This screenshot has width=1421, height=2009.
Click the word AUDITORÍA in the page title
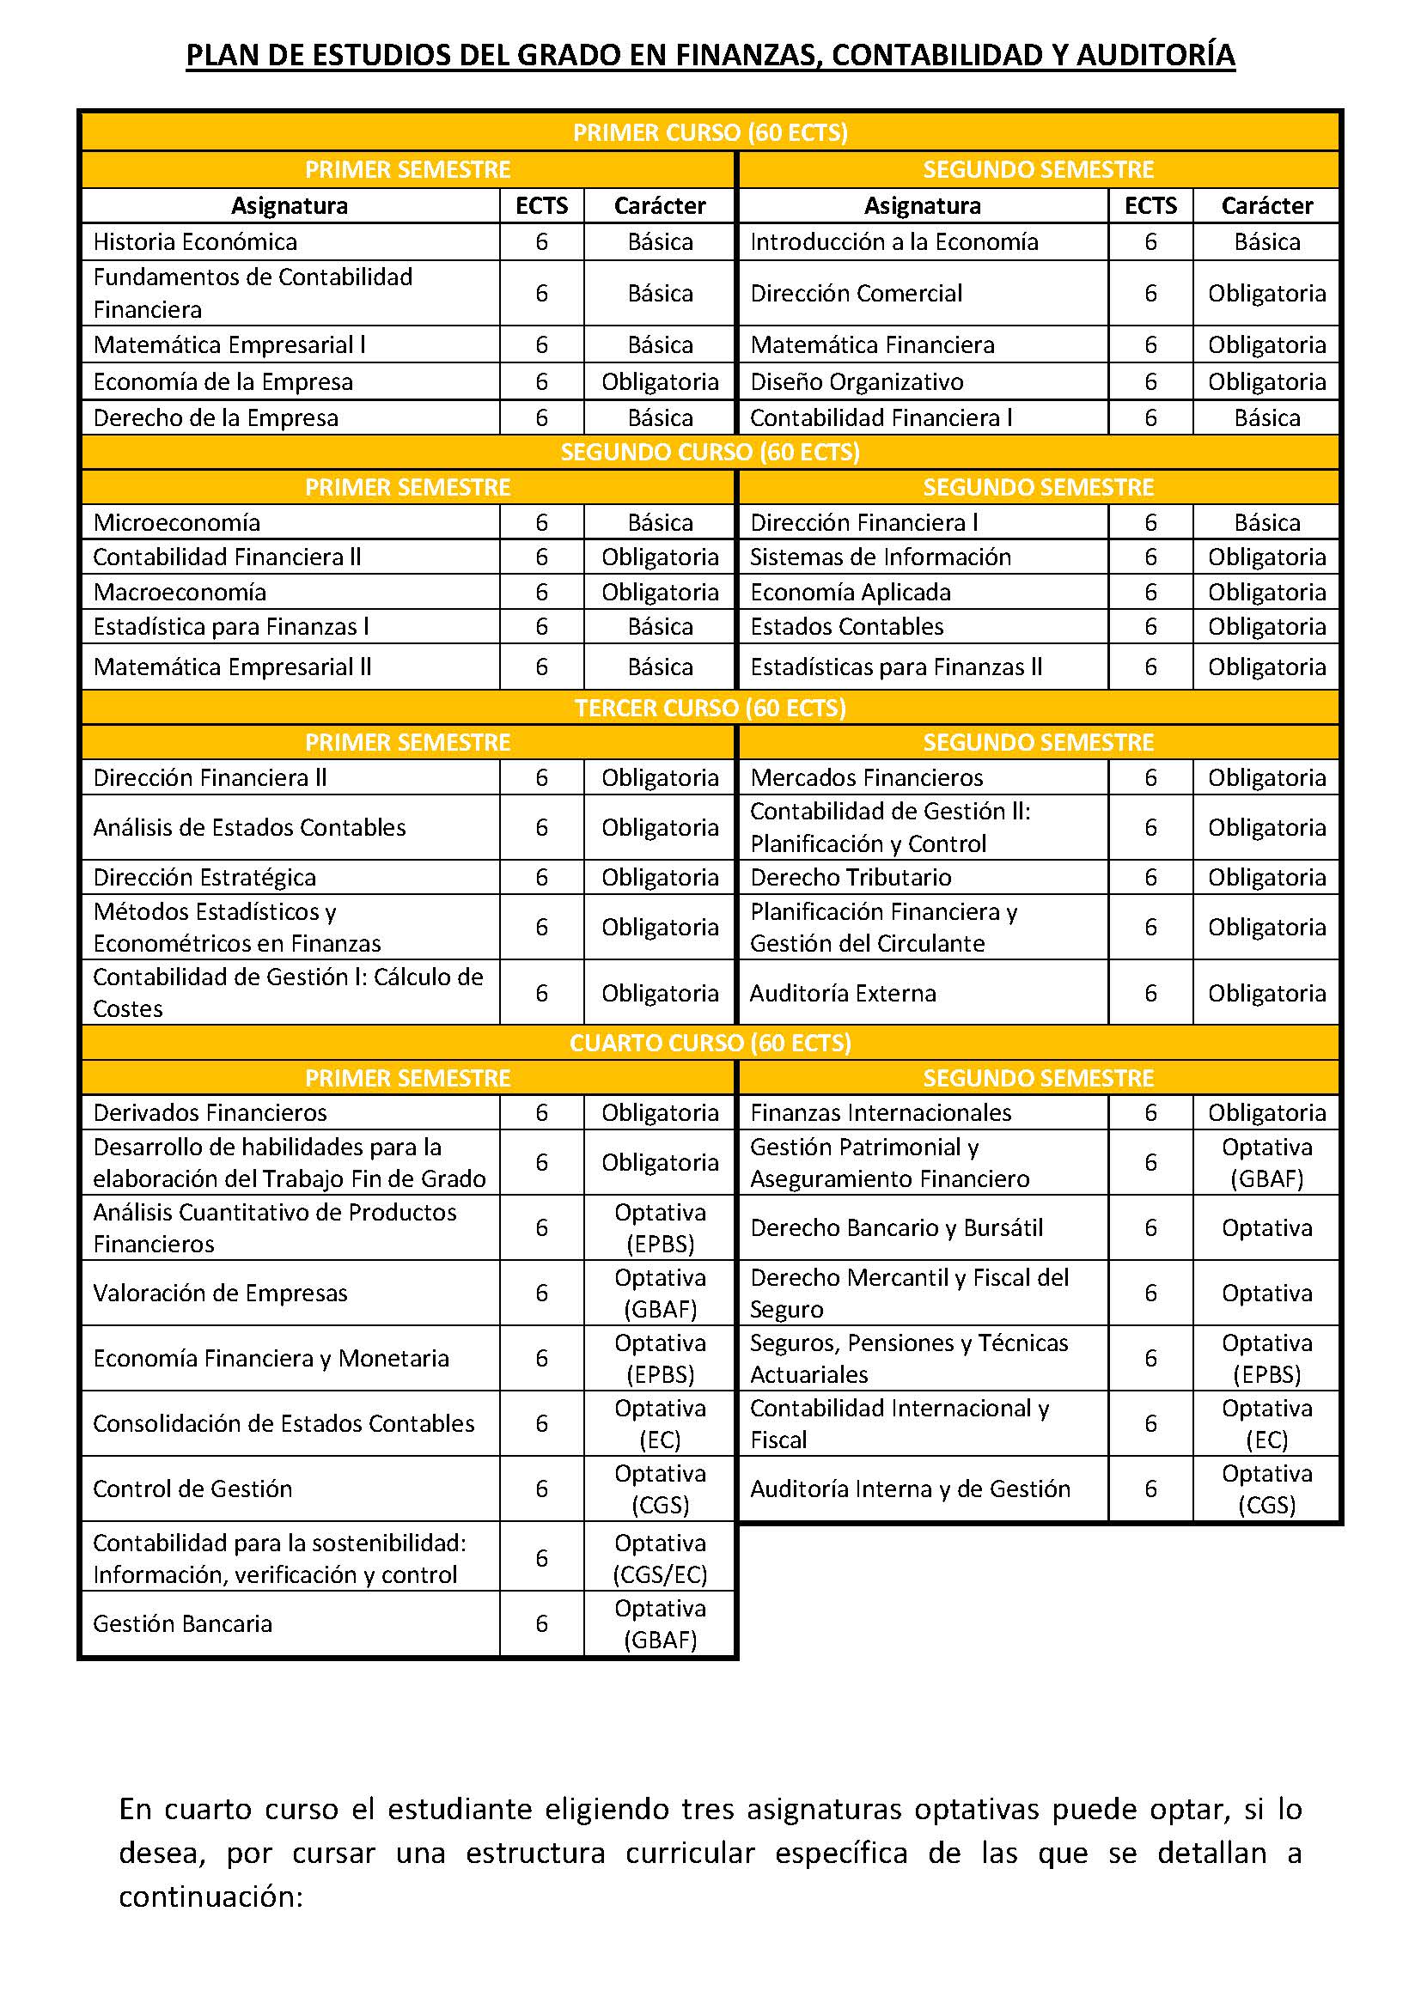[1155, 55]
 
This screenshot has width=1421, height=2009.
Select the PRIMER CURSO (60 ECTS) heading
[710, 132]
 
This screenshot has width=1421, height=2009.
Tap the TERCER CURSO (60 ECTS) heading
[710, 707]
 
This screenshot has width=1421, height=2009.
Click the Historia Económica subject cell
[195, 241]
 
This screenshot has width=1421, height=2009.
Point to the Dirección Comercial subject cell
[856, 293]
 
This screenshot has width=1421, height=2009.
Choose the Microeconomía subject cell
[177, 522]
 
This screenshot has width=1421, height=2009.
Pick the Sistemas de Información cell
[881, 557]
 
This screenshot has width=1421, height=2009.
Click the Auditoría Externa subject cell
[843, 993]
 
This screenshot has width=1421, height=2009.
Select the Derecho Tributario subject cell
[851, 877]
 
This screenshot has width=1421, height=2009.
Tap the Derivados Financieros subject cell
[210, 1112]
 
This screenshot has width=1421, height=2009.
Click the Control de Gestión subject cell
[192, 1488]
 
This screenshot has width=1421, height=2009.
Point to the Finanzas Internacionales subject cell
[881, 1112]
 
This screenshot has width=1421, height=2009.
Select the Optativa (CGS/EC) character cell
[660, 1558]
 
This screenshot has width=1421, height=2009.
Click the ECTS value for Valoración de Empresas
[541, 1294]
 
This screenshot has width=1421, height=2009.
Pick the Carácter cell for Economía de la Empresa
[660, 381]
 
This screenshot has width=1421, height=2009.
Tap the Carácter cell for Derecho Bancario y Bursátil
[1266, 1227]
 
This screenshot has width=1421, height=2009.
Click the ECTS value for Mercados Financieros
[1150, 777]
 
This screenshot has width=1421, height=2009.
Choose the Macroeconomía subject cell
[180, 593]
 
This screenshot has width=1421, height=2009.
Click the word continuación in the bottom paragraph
[210, 1897]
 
